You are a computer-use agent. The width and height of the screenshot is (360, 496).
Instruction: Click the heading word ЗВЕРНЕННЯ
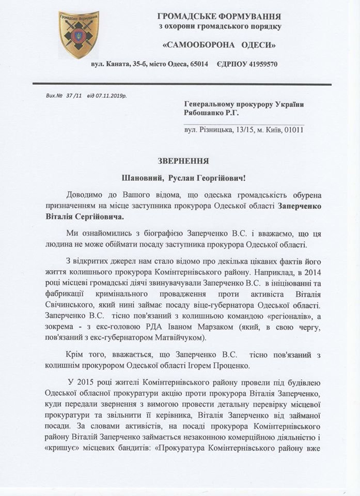[x=180, y=160]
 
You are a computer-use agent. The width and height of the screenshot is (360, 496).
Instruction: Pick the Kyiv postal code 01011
[x=293, y=130]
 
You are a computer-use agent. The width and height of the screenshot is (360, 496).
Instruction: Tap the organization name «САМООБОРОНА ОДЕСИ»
[x=218, y=45]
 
